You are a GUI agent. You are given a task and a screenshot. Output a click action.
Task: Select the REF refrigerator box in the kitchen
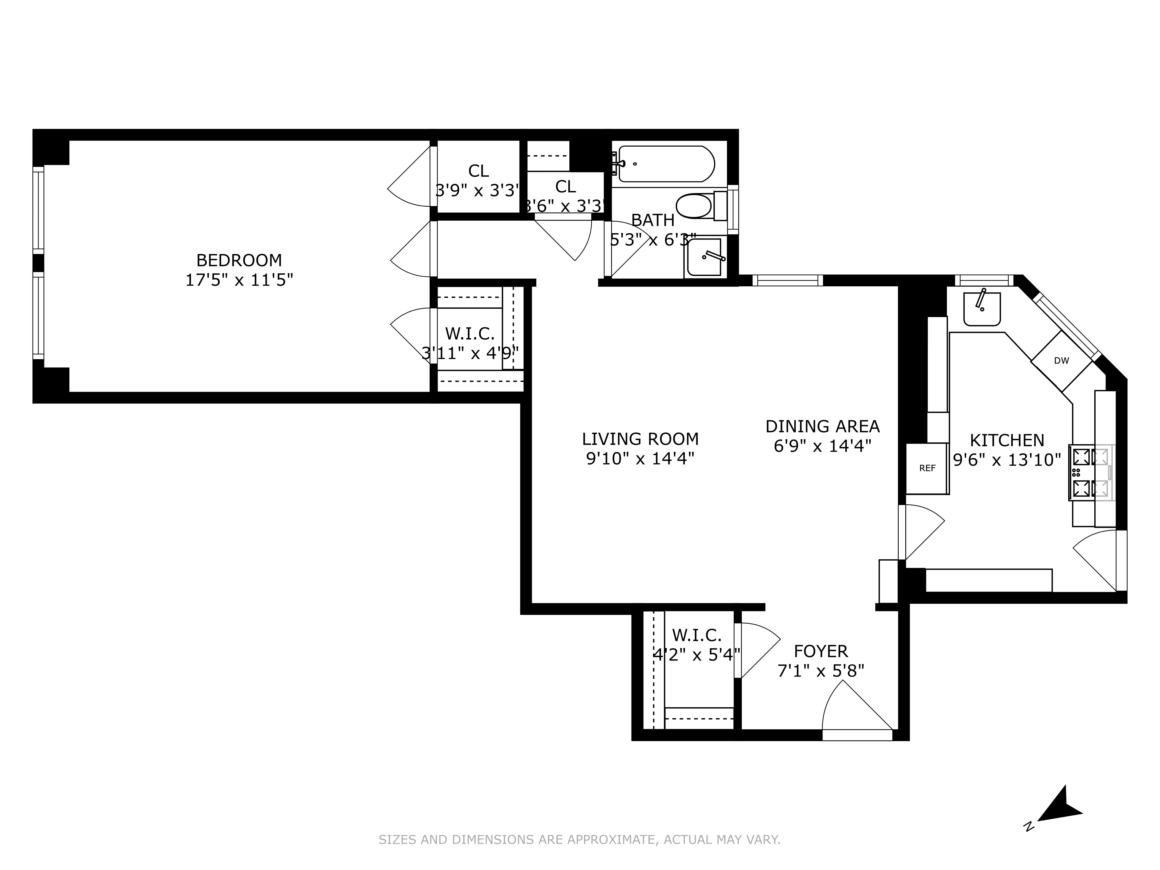pos(927,468)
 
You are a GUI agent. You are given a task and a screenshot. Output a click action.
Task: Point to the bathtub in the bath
pos(666,164)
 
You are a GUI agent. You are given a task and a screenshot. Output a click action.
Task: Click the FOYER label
pos(821,651)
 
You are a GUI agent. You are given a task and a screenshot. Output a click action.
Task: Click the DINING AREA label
pos(822,426)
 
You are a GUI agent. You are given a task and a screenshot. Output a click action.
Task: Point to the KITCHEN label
pos(1007,440)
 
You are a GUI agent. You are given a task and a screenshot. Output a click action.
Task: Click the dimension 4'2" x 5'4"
pos(696,655)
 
